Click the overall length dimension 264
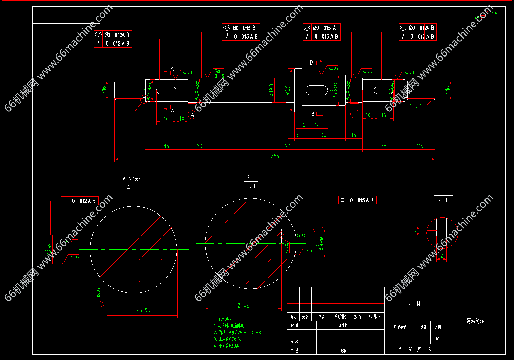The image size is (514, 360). pyautogui.click(x=275, y=156)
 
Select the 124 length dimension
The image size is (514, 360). pyautogui.click(x=287, y=146)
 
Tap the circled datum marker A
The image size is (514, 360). pyautogui.click(x=192, y=115)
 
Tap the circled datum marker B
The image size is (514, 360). pyautogui.click(x=355, y=114)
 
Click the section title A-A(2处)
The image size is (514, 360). pyautogui.click(x=131, y=179)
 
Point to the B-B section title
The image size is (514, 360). pyautogui.click(x=251, y=177)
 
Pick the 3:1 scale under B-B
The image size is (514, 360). pyautogui.click(x=251, y=186)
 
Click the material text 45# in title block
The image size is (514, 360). pyautogui.click(x=414, y=304)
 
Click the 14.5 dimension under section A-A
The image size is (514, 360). pyautogui.click(x=142, y=312)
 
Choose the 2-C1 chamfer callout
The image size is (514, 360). pyautogui.click(x=415, y=106)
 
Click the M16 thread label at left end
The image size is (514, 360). pyautogui.click(x=104, y=90)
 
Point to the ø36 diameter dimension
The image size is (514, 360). pyautogui.click(x=287, y=90)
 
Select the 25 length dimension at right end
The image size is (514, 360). pyautogui.click(x=420, y=146)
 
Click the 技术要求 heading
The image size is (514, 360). pyautogui.click(x=226, y=319)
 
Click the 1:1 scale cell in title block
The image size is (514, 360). pyautogui.click(x=438, y=338)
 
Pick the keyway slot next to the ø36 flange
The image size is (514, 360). pyautogui.click(x=317, y=90)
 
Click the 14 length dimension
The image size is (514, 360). pyautogui.click(x=354, y=135)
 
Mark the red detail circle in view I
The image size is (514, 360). pyautogui.click(x=442, y=232)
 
